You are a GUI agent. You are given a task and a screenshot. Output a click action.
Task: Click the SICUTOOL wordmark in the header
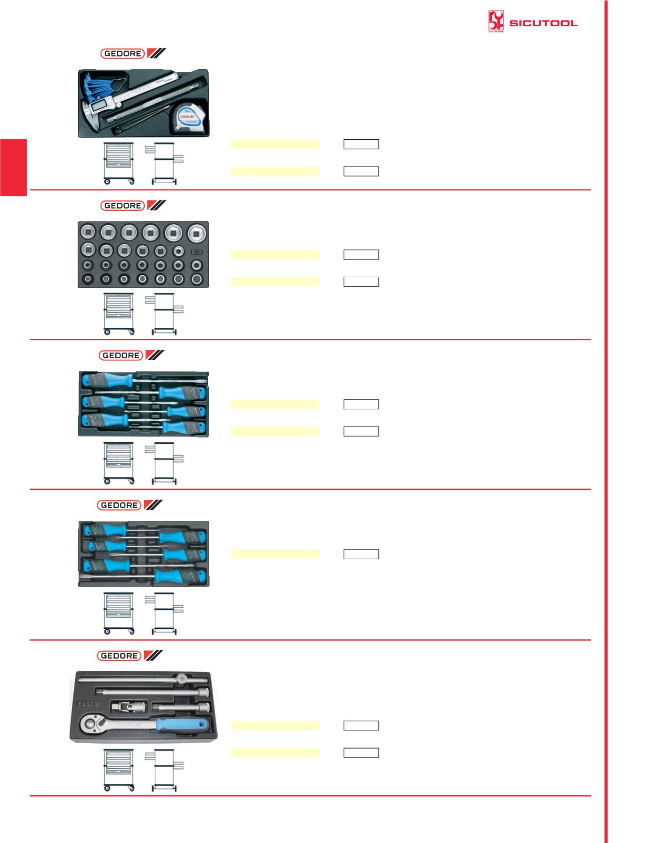(x=543, y=23)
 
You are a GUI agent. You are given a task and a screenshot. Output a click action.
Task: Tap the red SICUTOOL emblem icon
(x=496, y=22)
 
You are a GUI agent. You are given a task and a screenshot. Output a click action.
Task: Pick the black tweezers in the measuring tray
(x=136, y=128)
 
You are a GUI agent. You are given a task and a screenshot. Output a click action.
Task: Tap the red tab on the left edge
(x=13, y=167)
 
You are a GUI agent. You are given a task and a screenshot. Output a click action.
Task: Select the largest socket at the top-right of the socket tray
(x=196, y=233)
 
